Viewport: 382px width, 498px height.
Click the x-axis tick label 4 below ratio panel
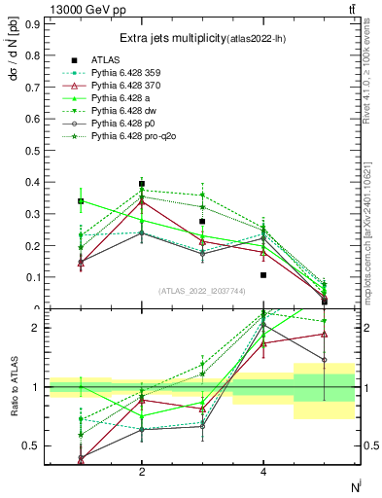(263, 472)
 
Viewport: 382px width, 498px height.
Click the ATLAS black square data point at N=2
(142, 183)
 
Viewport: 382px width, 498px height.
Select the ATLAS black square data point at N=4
(263, 275)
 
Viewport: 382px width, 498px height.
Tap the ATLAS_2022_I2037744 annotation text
(202, 290)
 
